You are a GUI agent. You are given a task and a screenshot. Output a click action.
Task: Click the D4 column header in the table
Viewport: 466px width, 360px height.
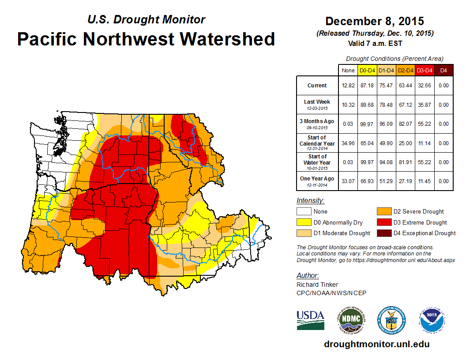(x=443, y=70)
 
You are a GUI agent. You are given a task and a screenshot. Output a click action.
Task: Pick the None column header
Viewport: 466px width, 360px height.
(x=348, y=70)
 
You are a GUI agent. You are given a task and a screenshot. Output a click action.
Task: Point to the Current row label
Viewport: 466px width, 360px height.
(x=317, y=86)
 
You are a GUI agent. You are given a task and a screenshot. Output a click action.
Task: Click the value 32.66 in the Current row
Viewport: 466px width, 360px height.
(x=425, y=86)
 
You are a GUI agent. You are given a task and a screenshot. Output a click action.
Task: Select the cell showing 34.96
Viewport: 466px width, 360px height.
(x=348, y=143)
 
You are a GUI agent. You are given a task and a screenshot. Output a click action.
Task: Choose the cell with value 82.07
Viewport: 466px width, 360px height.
(x=405, y=124)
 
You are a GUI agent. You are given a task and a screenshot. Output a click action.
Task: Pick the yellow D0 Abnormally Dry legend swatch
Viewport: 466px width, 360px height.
(x=304, y=222)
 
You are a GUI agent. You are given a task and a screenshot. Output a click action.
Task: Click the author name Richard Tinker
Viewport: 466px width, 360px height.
(x=317, y=285)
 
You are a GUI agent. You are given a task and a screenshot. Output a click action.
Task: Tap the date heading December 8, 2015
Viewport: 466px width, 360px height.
(x=375, y=21)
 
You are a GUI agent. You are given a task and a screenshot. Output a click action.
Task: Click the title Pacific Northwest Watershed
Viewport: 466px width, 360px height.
(x=146, y=39)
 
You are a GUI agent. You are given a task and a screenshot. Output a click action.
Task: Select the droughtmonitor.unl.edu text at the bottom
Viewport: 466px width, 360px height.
(x=376, y=344)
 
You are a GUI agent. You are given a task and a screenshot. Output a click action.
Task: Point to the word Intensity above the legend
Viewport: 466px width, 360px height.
(x=310, y=201)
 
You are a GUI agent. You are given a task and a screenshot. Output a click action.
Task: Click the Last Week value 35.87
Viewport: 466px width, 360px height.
(x=425, y=105)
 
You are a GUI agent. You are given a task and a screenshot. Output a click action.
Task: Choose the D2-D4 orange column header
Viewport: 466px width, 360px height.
(x=405, y=70)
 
